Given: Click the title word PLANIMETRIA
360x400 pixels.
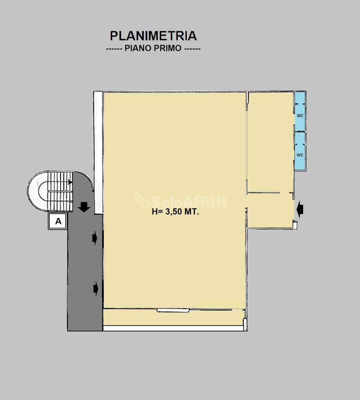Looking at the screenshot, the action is click(x=153, y=36).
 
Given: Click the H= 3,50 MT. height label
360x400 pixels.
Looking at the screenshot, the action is click(x=175, y=212).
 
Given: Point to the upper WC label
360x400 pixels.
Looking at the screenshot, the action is click(x=300, y=116).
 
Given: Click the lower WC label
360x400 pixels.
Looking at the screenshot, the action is click(x=300, y=155).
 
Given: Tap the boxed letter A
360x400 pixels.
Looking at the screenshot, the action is click(x=58, y=221).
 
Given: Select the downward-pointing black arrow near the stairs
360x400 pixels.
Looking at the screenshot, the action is click(x=84, y=207).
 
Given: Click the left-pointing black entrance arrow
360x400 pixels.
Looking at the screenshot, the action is click(x=300, y=210).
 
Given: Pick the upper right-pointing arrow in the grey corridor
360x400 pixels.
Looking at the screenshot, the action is click(x=95, y=238).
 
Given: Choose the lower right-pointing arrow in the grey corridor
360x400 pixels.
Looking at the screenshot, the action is click(x=96, y=288).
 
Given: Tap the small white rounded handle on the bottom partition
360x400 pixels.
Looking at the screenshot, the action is click(x=173, y=310).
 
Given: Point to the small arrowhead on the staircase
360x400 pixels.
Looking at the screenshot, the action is click(x=70, y=182).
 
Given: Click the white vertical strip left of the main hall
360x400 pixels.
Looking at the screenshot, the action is click(x=98, y=153).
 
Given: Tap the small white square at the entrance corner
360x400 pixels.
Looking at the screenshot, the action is click(x=295, y=225).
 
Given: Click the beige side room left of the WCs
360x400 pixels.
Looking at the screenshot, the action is click(x=270, y=142).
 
